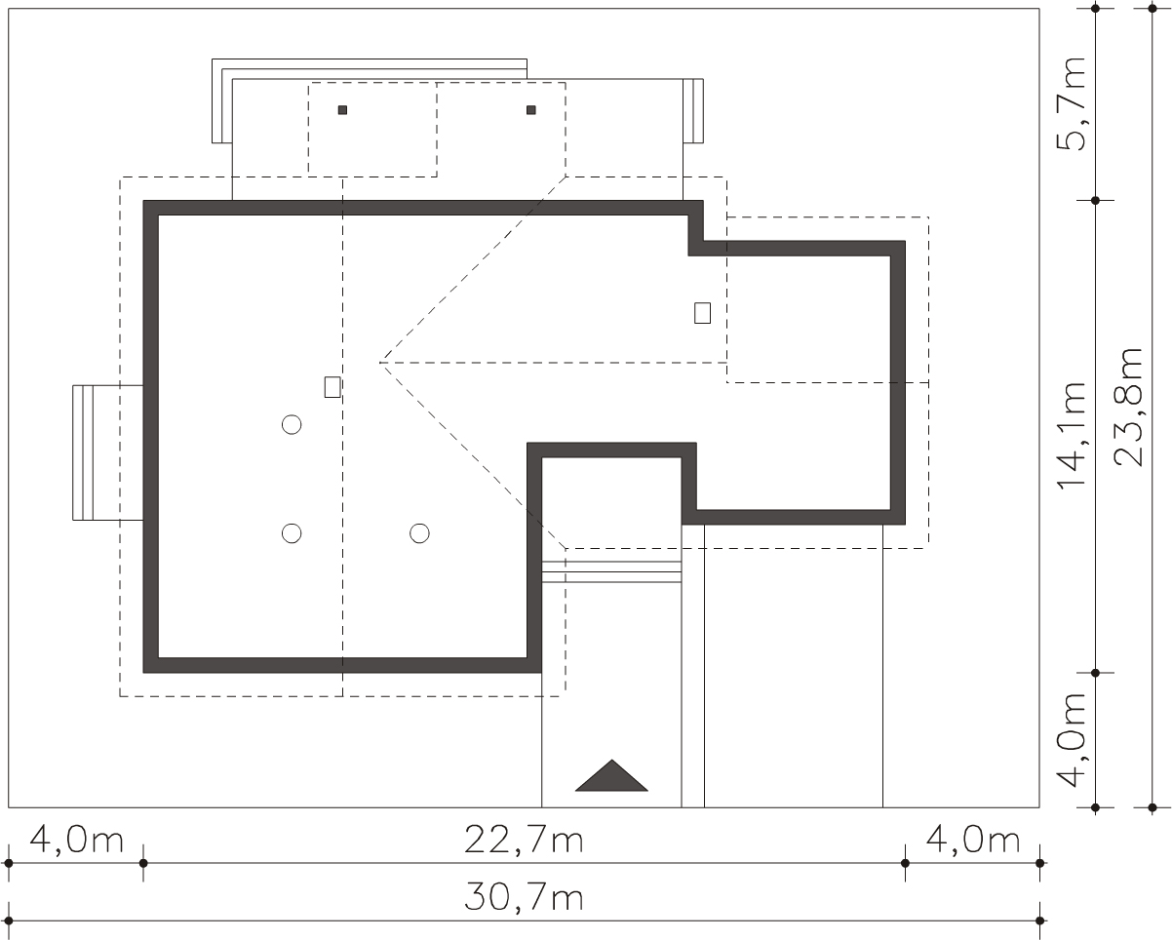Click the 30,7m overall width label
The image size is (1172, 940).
(x=524, y=898)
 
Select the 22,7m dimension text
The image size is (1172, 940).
(x=524, y=841)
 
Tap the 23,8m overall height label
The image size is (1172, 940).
(x=1127, y=407)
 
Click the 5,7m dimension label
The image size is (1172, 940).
(x=1071, y=103)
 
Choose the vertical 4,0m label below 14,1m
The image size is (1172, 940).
(x=1071, y=740)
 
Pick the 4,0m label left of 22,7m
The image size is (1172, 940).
(x=76, y=841)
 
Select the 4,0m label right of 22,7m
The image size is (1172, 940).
(x=973, y=841)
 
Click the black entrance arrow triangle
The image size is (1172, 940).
(x=611, y=775)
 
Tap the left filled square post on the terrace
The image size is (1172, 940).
(x=342, y=110)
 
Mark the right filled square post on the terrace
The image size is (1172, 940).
(x=531, y=110)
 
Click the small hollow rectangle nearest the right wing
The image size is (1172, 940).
(x=703, y=313)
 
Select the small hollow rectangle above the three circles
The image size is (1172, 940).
(x=332, y=387)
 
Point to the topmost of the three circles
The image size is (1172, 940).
(x=292, y=424)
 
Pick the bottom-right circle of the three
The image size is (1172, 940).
(x=419, y=533)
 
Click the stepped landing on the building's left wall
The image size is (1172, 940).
(x=108, y=452)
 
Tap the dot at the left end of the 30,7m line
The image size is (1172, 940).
(x=8, y=920)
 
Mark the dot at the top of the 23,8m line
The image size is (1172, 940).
(x=1152, y=8)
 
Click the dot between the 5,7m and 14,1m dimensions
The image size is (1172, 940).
(x=1096, y=201)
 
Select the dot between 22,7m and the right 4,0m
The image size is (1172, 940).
(x=905, y=863)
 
